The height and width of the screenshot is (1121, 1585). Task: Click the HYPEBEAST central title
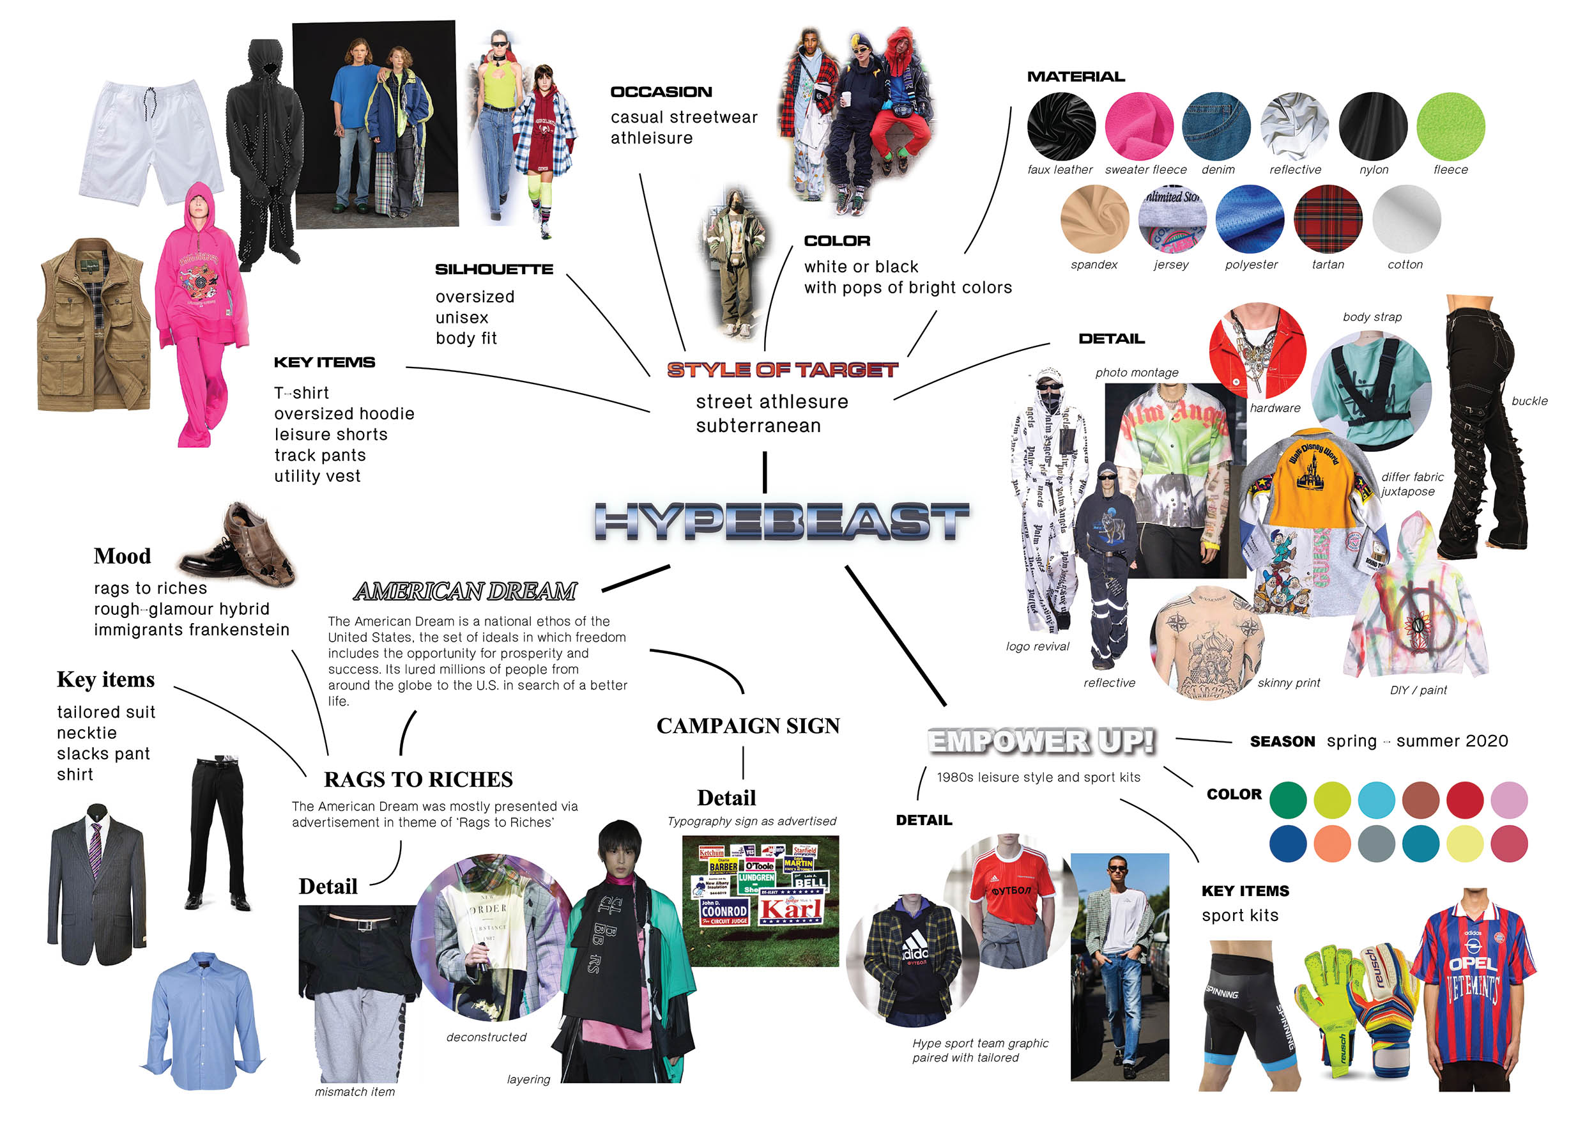781,522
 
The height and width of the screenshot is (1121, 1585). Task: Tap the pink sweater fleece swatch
1138,127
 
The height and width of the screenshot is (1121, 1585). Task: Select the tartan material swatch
1328,219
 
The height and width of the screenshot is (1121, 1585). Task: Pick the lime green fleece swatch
1450,127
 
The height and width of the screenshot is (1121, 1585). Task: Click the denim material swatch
1216,127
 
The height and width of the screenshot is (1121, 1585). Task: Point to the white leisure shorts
151,142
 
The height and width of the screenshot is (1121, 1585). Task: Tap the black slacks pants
217,832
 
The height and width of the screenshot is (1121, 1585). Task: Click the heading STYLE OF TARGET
782,370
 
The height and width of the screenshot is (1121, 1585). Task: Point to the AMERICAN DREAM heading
464,591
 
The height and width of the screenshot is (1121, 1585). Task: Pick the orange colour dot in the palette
1331,844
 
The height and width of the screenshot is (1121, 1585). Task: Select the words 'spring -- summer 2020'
1416,741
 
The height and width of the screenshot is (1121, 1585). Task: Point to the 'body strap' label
1372,317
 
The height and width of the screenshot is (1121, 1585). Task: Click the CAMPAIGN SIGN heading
747,726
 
